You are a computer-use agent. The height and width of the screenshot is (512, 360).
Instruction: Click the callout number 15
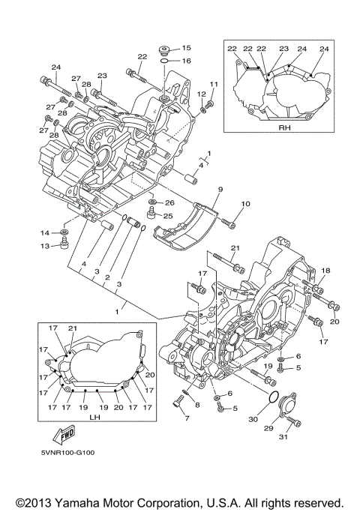[x=186, y=47]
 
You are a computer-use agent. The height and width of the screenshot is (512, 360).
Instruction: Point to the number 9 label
[x=220, y=190]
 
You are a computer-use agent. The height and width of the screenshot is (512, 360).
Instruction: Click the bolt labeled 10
[x=230, y=223]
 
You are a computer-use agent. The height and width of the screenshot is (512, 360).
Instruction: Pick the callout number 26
[x=169, y=202]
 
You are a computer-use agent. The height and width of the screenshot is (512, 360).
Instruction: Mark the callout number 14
[x=43, y=233]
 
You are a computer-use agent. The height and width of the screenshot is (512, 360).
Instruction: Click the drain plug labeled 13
[x=64, y=245]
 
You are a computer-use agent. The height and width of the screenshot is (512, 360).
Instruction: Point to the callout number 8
[x=197, y=405]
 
